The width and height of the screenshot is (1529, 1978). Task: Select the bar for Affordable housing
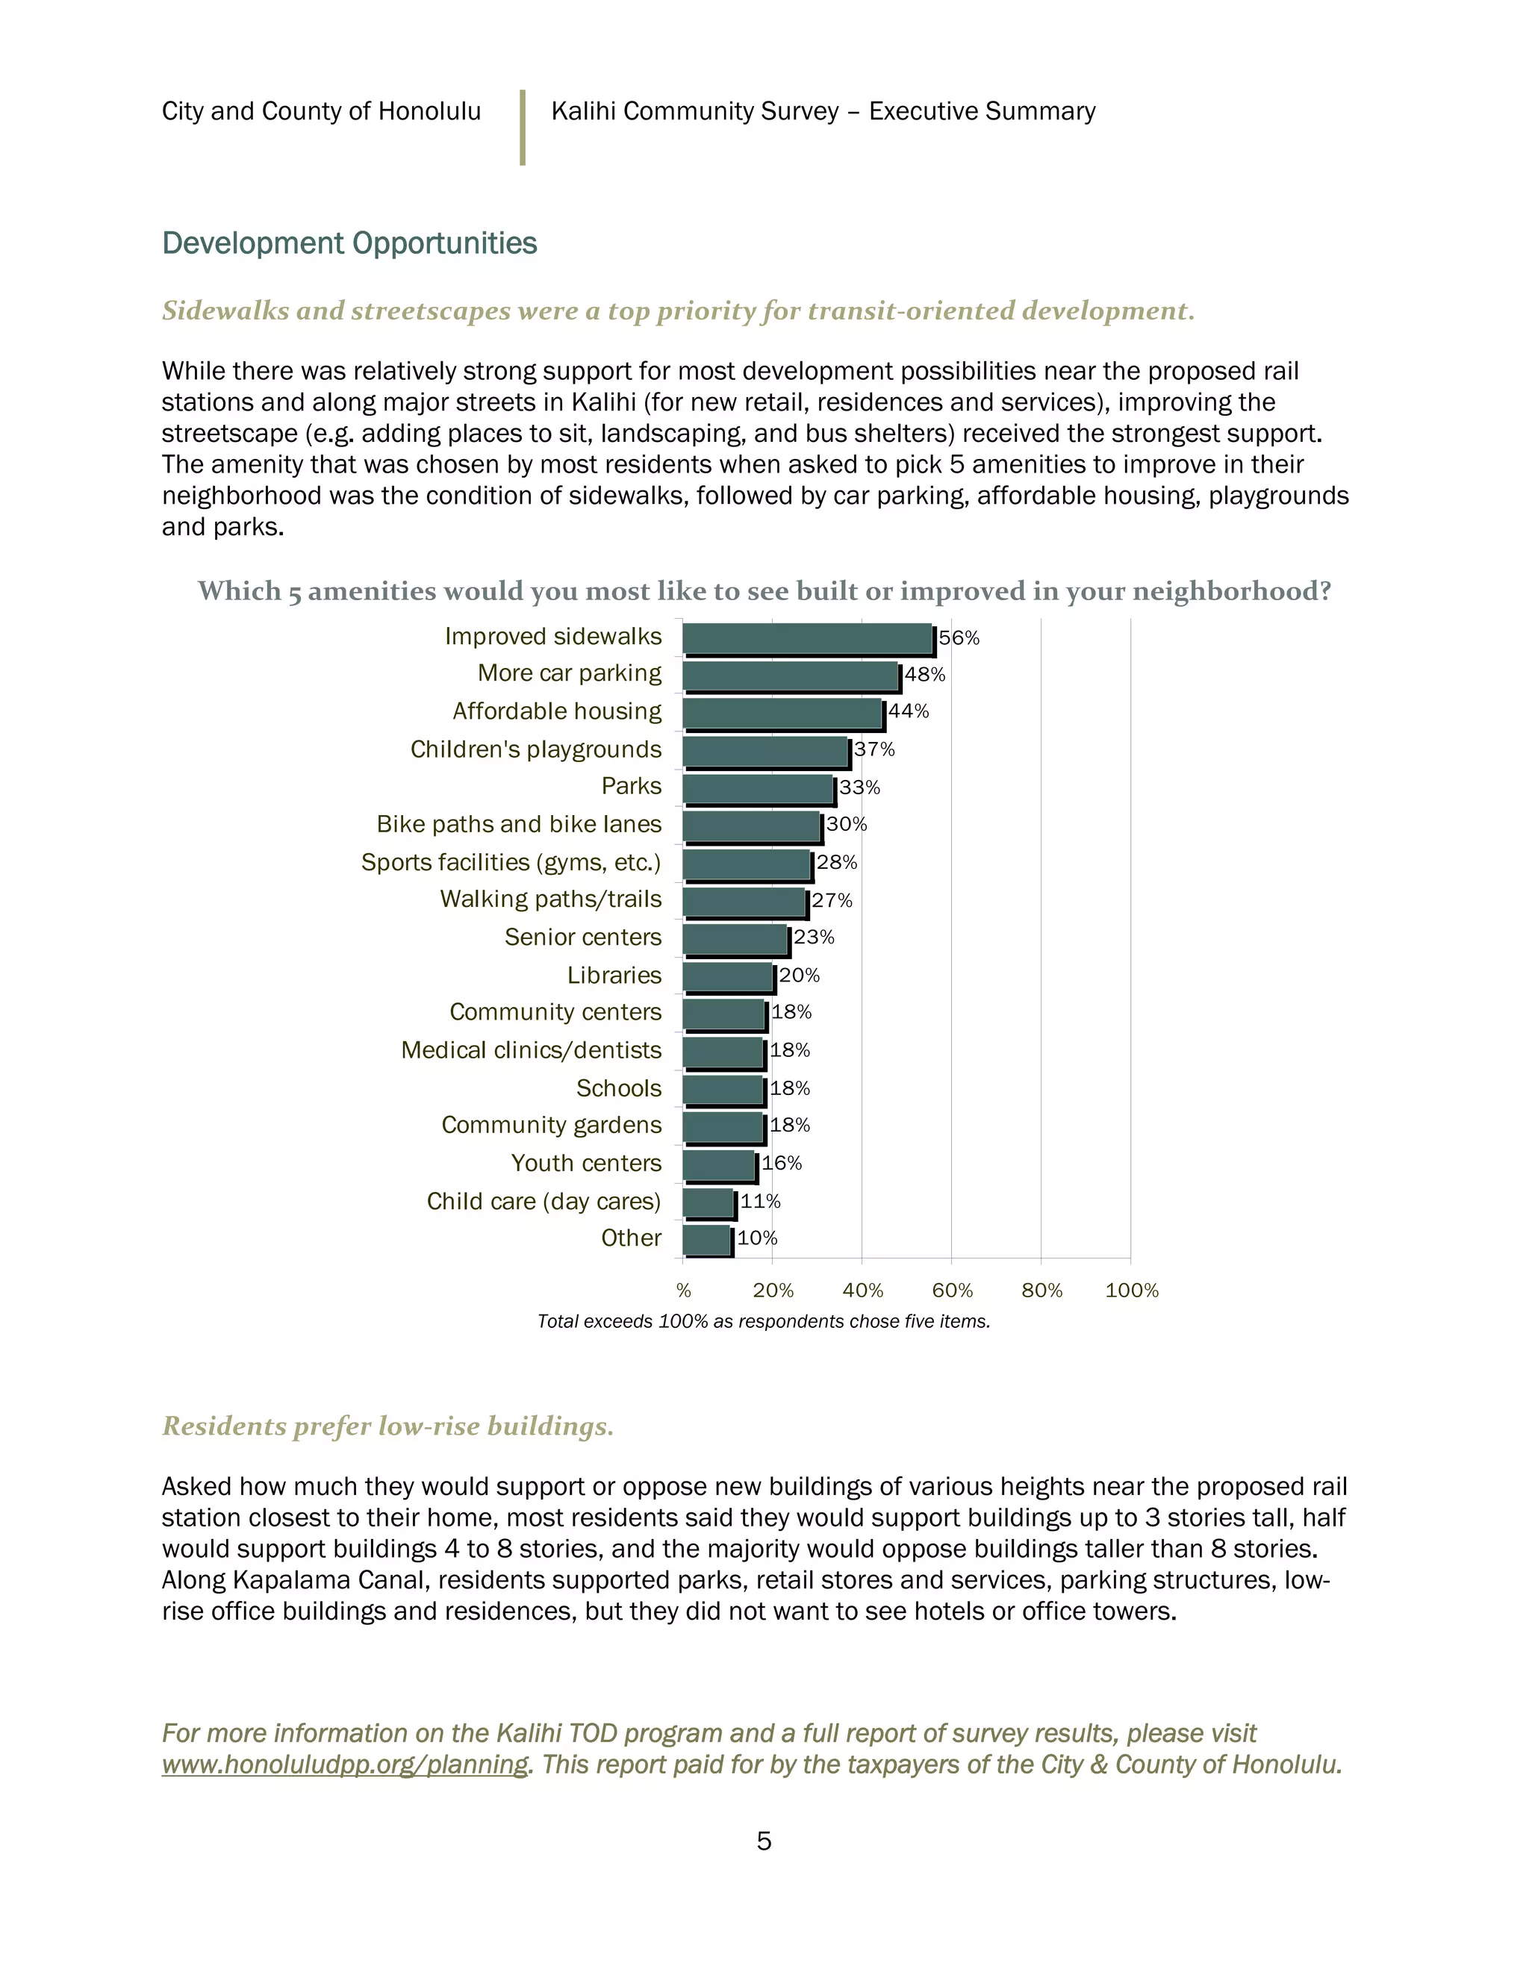tap(782, 714)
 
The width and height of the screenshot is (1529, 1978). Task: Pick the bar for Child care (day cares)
tap(709, 1204)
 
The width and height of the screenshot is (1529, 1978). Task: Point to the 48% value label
tap(925, 675)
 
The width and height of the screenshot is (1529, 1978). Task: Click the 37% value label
tap(874, 750)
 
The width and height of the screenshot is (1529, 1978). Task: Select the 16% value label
tap(782, 1164)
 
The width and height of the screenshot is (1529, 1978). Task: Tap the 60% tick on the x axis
tap(952, 1291)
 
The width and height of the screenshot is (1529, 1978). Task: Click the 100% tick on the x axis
tap(1131, 1291)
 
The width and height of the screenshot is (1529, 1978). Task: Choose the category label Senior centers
tap(582, 937)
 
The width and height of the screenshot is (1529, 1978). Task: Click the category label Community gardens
tap(551, 1125)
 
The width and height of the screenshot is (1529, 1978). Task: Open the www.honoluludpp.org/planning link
tap(345, 1765)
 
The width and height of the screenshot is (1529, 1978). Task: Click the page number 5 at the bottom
tap(764, 1841)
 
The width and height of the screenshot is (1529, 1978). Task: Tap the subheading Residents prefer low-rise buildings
tap(387, 1426)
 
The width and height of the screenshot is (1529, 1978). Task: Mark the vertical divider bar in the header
tap(523, 128)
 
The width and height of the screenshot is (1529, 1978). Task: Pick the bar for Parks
tap(759, 789)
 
